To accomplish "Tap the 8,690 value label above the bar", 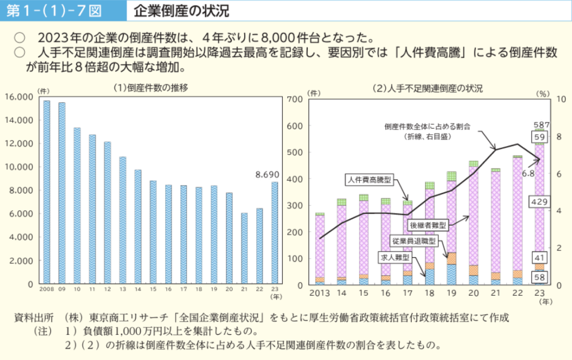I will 266,175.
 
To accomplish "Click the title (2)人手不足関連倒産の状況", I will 427,88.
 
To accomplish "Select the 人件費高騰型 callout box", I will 370,179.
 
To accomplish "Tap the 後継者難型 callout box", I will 429,225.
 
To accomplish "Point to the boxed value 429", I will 540,202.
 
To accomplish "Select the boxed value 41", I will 540,258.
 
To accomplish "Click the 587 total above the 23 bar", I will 542,125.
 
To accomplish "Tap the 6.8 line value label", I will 529,174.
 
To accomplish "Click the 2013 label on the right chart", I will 320,293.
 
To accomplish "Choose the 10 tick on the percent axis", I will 561,99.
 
